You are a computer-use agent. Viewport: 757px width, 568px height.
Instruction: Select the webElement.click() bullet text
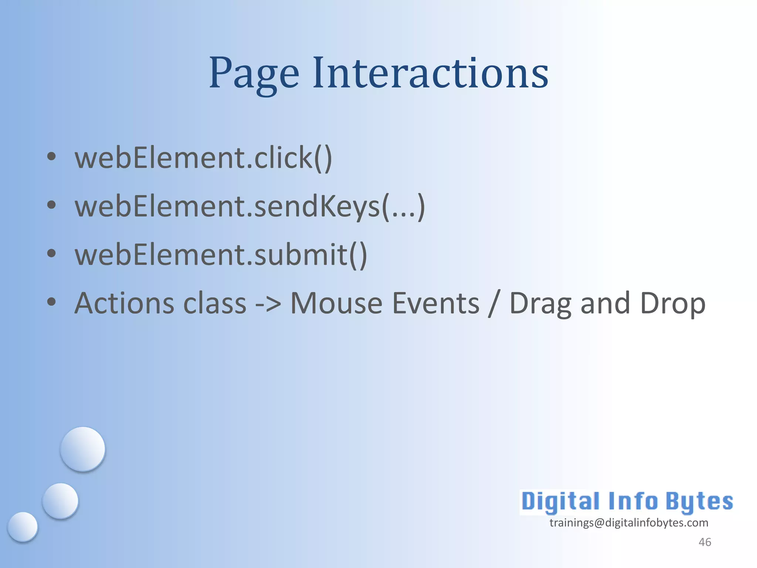click(203, 158)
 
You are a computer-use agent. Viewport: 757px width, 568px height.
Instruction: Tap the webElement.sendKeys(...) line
click(250, 207)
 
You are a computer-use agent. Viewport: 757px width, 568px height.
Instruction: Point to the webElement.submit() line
click(221, 255)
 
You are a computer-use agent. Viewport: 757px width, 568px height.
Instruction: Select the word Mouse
click(336, 303)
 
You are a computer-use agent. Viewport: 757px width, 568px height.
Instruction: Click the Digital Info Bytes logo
click(627, 502)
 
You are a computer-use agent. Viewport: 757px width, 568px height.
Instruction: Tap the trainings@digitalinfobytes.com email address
click(629, 523)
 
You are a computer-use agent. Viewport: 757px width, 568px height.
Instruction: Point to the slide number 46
click(705, 542)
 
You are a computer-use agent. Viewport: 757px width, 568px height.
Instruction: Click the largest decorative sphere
click(83, 449)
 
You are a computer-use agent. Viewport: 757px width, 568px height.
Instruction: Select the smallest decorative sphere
click(23, 527)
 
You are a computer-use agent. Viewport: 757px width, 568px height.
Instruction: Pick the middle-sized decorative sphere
click(60, 501)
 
